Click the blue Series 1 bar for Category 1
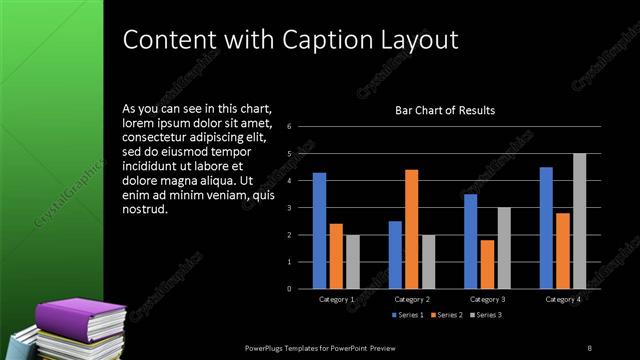coord(319,231)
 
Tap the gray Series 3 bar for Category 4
coord(580,221)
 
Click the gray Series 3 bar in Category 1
coord(352,262)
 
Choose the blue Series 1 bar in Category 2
coord(395,255)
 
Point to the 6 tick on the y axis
coord(288,127)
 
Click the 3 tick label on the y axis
coord(288,208)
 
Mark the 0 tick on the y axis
coord(288,289)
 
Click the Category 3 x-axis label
coord(487,299)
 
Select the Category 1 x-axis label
coord(336,299)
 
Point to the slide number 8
coord(590,347)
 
